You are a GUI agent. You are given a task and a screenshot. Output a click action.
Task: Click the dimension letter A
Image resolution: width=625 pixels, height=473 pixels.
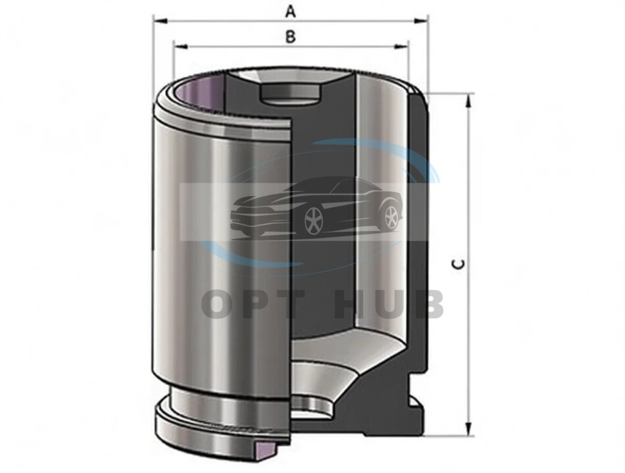[291, 12]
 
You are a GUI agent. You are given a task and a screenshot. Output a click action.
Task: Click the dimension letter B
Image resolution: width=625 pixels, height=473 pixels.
[291, 37]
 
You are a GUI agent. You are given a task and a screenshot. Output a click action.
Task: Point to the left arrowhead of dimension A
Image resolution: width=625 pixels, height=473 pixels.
[159, 20]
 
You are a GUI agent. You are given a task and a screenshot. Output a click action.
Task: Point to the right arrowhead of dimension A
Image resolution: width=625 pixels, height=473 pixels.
[421, 20]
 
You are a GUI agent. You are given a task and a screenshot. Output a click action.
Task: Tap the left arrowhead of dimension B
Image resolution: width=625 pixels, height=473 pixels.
[181, 47]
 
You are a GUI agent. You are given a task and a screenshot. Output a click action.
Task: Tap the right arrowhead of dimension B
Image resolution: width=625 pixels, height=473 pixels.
[402, 47]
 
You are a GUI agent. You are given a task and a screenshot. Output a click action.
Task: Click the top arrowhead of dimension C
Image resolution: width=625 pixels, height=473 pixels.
[470, 101]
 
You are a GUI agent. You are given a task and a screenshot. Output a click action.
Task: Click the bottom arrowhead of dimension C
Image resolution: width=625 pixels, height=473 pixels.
[470, 429]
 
